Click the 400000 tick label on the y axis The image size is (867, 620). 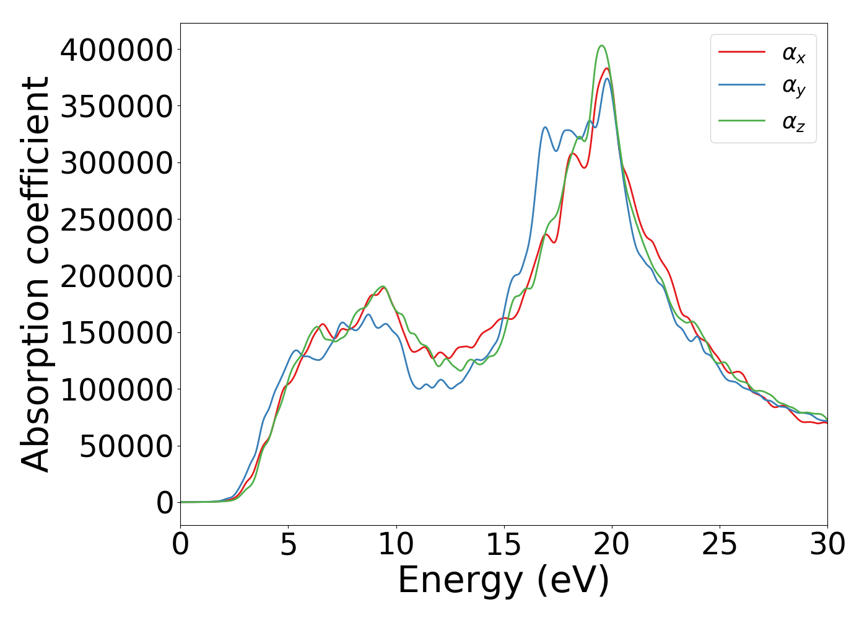pos(116,50)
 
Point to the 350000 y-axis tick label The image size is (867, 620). pos(116,106)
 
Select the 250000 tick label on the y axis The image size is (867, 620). pos(116,219)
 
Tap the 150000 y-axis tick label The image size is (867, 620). pos(116,333)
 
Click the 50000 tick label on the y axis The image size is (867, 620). pos(126,446)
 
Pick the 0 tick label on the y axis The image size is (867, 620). pos(165,503)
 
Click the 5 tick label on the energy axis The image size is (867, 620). pos(289,545)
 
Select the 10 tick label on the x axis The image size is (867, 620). pos(396,545)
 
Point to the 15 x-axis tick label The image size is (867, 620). pos(504,545)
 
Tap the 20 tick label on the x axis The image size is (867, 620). pos(612,545)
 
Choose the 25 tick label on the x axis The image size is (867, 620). pos(720,545)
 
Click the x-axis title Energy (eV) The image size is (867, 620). pos(503,581)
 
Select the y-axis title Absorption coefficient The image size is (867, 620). pos(35,274)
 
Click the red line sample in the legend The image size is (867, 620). pos(742,52)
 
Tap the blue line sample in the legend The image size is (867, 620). pos(742,86)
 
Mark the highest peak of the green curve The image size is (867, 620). pos(601,45)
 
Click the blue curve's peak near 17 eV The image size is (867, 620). pos(545,127)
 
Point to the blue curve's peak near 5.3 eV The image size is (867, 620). pos(296,350)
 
